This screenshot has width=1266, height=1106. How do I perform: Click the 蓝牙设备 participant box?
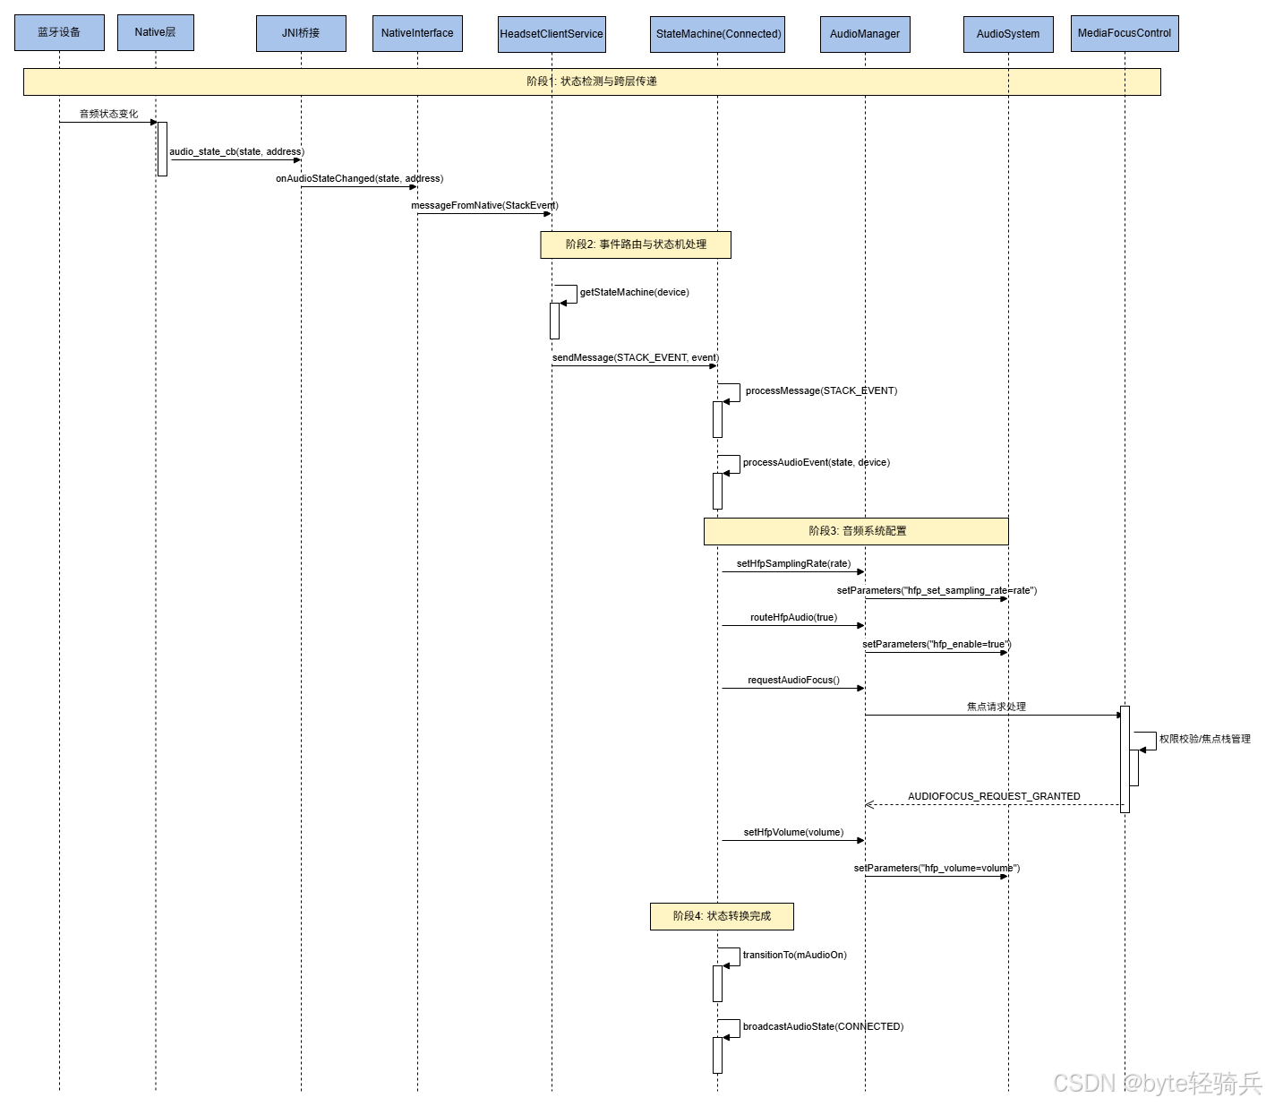click(59, 32)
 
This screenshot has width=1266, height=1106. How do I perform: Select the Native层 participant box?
click(155, 32)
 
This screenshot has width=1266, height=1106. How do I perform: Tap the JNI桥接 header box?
click(301, 33)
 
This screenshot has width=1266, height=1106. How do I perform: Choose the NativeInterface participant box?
click(417, 33)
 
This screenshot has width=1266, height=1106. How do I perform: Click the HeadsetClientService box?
click(552, 34)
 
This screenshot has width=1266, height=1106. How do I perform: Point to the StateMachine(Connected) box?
click(718, 34)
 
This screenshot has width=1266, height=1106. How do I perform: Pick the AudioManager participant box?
click(865, 34)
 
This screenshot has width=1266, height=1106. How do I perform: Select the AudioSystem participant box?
click(1008, 34)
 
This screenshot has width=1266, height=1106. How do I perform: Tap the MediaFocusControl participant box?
click(1125, 33)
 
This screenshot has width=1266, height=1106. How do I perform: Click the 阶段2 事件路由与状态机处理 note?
click(636, 244)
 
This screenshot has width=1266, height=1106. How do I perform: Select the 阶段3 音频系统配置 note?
click(856, 531)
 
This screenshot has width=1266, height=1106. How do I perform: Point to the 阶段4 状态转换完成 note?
click(722, 916)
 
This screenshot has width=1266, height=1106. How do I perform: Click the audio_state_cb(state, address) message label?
click(236, 151)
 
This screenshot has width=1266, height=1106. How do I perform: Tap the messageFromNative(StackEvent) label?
click(484, 205)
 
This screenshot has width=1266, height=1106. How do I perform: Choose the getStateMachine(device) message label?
click(634, 292)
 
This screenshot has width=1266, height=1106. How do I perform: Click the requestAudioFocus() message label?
click(793, 680)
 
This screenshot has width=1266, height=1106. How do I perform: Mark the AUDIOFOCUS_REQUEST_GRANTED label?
click(994, 796)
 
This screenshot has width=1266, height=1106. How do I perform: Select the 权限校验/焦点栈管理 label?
click(1204, 739)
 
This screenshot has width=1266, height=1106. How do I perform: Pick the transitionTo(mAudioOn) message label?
click(794, 955)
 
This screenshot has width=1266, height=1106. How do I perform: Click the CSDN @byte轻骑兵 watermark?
click(1156, 1082)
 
